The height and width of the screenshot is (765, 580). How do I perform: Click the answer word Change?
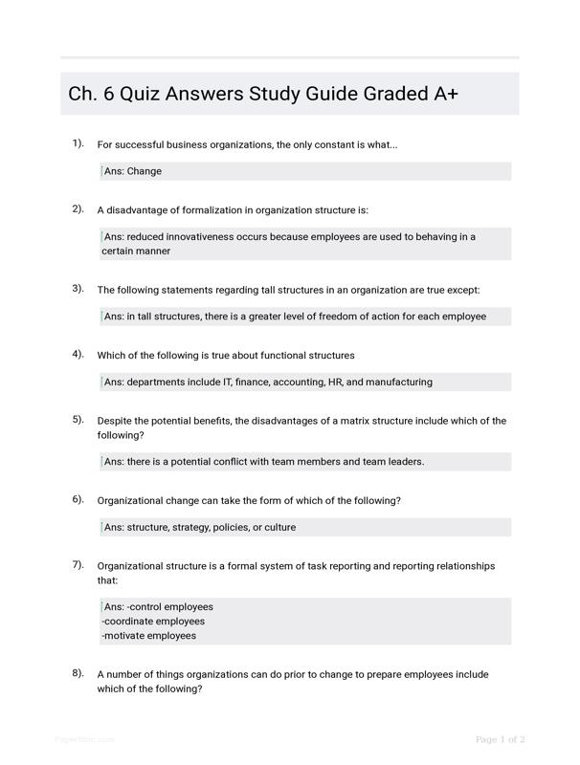145,171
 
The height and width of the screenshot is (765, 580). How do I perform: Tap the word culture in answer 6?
278,527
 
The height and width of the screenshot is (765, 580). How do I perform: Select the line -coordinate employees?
153,622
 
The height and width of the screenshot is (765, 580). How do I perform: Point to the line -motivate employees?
148,636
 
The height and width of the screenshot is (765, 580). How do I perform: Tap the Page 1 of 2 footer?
501,739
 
